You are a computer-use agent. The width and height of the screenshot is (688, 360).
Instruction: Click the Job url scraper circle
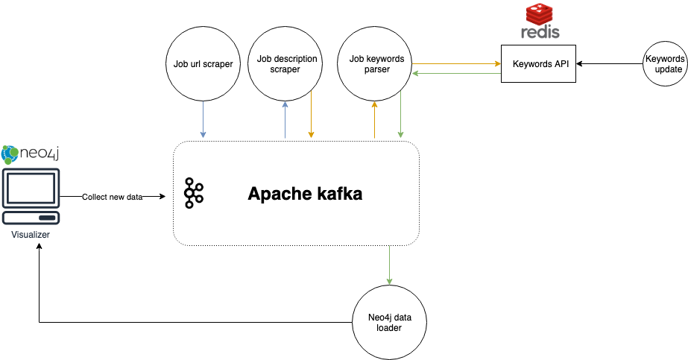[198, 63]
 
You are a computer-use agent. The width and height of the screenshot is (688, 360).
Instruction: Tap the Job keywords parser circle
[375, 63]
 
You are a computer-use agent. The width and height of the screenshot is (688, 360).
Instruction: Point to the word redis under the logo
[540, 32]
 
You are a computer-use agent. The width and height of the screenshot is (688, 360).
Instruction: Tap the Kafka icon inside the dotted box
[194, 194]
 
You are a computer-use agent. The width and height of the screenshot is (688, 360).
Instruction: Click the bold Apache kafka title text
[305, 195]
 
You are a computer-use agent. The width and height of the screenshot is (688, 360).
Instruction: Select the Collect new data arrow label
[112, 197]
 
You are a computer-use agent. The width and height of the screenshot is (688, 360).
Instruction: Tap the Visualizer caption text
[31, 235]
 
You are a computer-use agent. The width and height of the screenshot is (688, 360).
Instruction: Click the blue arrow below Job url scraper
[203, 119]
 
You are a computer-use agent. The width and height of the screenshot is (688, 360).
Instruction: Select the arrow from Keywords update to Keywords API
[608, 64]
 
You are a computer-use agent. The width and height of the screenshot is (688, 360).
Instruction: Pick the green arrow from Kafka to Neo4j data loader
[389, 265]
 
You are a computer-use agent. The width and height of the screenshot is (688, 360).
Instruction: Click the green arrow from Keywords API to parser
[456, 73]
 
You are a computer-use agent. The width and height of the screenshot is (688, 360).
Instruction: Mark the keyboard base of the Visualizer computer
[31, 218]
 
